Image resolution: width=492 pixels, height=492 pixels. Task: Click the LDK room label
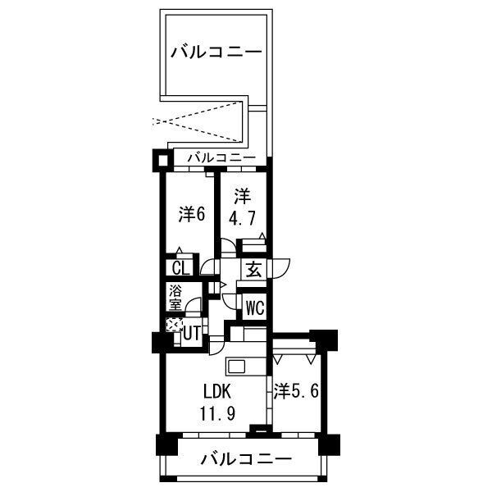217,391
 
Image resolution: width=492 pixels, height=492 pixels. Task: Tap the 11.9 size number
218,413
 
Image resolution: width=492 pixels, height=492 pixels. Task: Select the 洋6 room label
192,214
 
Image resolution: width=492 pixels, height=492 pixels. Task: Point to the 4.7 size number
242,218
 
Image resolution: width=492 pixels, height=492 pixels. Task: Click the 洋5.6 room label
296,391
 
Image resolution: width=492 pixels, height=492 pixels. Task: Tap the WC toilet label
255,307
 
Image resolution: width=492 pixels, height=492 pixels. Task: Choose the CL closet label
181,269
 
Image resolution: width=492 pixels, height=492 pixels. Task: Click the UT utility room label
191,334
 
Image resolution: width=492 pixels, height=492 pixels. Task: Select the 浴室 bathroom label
175,298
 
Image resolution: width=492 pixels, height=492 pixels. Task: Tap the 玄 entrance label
253,269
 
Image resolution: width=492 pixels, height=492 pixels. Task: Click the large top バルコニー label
216,52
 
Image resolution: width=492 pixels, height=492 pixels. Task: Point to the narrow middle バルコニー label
221,157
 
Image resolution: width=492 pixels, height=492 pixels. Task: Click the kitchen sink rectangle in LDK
237,367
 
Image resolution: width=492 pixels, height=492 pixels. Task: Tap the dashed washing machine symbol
174,325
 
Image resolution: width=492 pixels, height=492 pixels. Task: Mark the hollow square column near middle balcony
162,161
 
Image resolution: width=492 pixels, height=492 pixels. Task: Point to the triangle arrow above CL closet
179,250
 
